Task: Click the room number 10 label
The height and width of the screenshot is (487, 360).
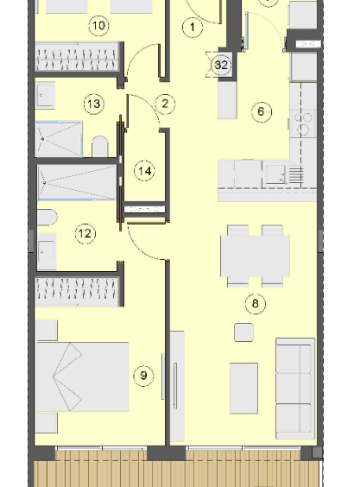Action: (98, 26)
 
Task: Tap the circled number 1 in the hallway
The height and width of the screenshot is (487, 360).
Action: (193, 28)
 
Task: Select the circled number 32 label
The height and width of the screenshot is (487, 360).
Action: (221, 66)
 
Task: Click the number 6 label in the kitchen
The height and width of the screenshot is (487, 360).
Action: (262, 111)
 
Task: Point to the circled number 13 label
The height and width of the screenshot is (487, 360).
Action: (94, 104)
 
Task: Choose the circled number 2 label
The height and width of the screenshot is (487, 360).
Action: (165, 104)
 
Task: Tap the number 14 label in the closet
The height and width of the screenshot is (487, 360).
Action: (144, 171)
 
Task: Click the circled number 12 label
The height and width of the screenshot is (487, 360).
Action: (85, 233)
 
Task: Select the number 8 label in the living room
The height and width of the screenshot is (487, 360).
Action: (256, 303)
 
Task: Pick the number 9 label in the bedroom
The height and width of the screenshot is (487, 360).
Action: (143, 376)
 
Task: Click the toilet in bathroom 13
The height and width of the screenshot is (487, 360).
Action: (100, 146)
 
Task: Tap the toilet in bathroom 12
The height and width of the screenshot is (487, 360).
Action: (47, 218)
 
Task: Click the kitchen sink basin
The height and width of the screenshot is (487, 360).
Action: (275, 174)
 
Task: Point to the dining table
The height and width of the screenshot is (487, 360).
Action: (255, 256)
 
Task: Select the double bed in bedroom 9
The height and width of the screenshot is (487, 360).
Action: (82, 376)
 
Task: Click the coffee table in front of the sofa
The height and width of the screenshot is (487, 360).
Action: (243, 389)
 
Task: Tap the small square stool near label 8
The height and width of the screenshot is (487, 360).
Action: (243, 332)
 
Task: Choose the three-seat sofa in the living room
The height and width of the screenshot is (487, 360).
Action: (295, 389)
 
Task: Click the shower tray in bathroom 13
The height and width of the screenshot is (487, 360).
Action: (59, 139)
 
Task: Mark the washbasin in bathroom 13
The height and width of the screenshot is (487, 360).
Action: (45, 95)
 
